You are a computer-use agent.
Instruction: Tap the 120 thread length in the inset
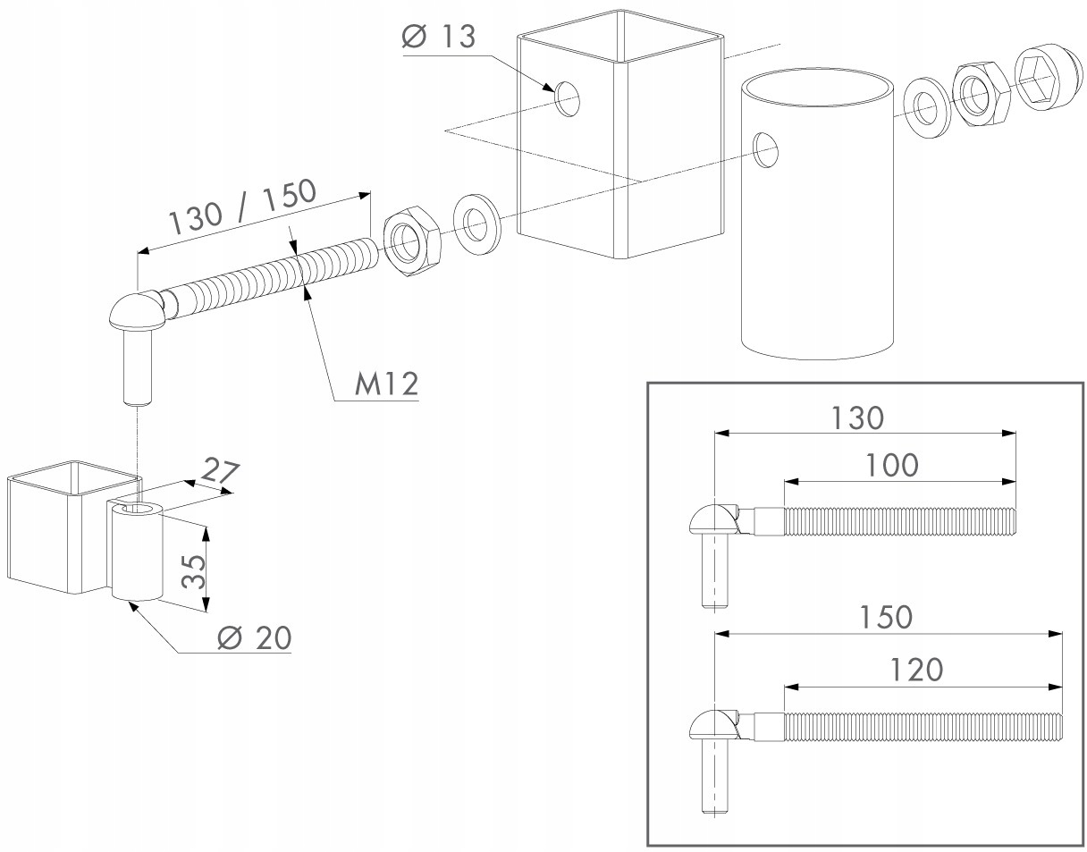pos(917,669)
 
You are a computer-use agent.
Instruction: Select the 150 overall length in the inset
pos(885,617)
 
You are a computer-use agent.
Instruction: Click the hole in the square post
pos(566,97)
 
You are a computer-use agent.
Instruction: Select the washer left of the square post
pos(476,224)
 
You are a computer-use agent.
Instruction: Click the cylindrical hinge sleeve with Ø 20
pos(137,552)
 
